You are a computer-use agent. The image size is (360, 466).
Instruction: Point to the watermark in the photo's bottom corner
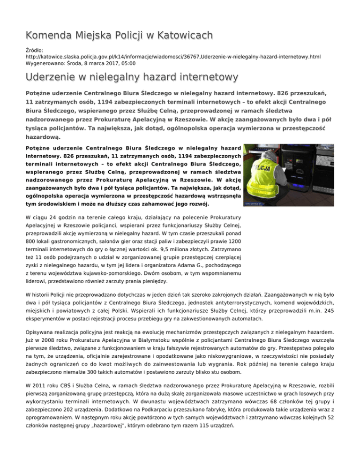(x=257, y=204)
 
